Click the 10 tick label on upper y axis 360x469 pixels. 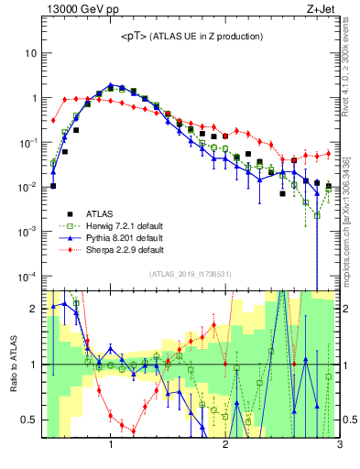(30, 53)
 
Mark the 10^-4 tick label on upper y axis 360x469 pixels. (27, 276)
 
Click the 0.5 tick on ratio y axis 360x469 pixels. (29, 420)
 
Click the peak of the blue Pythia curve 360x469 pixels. (111, 85)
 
